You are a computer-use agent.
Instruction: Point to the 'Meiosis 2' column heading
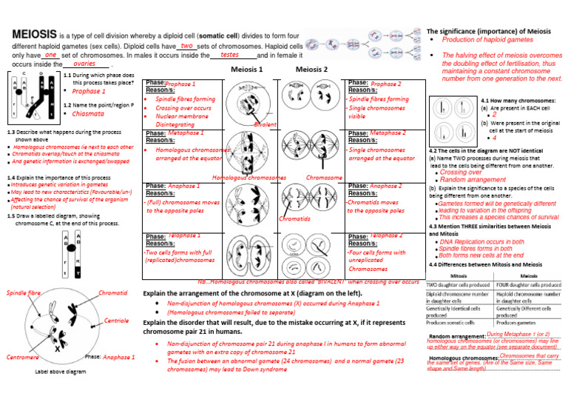point(311,69)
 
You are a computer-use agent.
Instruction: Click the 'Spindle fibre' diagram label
point(23,293)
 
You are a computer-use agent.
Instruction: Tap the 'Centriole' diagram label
point(118,320)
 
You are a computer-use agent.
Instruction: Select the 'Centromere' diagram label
point(22,357)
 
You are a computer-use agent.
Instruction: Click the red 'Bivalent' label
point(265,125)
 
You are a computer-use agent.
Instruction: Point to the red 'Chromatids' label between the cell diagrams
point(294,219)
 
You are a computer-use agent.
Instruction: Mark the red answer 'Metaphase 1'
point(186,133)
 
